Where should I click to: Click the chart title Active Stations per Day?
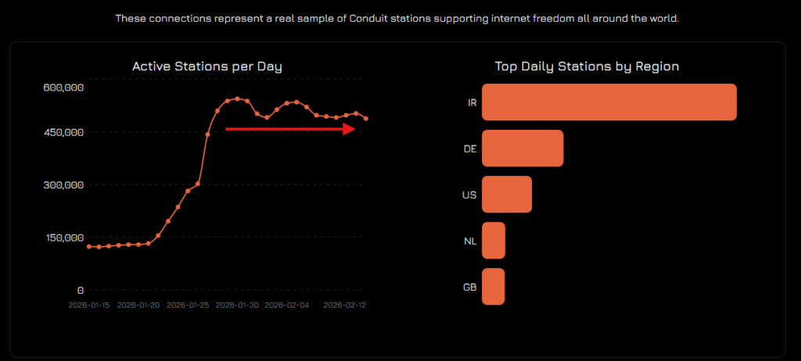coord(207,66)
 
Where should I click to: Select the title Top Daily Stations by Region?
coord(587,66)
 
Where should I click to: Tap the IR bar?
coord(609,102)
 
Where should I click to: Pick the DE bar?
coord(523,148)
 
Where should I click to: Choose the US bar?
coord(507,195)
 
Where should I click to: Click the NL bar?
coord(494,241)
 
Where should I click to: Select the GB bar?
coord(494,287)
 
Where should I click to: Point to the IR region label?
coord(472,102)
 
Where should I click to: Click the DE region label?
coord(470,148)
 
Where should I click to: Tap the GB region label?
coord(470,287)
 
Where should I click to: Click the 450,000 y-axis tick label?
coord(64,132)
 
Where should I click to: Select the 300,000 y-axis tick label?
coord(64,184)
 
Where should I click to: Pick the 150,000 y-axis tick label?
coord(64,238)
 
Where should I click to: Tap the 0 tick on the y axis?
coord(80,291)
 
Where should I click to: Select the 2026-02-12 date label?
coord(345,305)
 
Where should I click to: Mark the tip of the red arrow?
coord(356,129)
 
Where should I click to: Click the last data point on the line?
coord(366,119)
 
